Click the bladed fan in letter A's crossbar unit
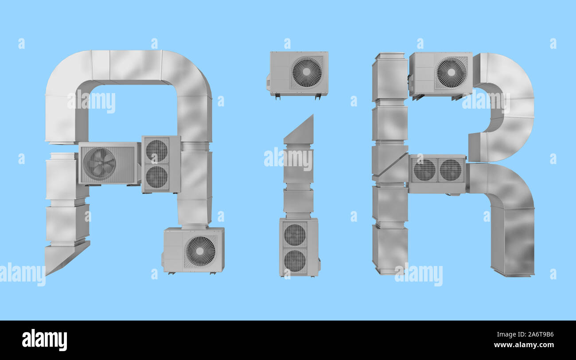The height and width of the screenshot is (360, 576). point(99,163)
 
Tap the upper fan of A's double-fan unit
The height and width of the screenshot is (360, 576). point(157,151)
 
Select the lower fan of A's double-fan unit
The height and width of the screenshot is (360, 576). point(157,176)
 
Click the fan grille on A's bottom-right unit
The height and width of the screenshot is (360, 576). point(200,251)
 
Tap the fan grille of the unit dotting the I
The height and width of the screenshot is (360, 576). point(307,72)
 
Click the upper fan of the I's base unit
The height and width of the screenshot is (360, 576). point(295,235)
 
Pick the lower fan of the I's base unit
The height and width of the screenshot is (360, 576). point(295,261)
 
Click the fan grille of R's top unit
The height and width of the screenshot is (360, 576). point(451,72)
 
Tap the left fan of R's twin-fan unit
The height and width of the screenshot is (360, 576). point(424,170)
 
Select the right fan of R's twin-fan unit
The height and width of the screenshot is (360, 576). point(450,170)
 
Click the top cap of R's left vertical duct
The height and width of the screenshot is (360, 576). point(389,56)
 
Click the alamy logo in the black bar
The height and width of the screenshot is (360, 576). point(44,340)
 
